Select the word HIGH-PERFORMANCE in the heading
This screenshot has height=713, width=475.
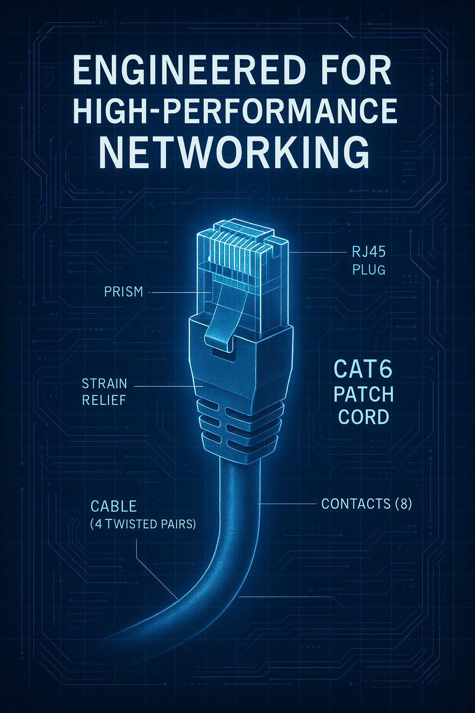[235, 111]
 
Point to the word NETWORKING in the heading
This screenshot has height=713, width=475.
[234, 152]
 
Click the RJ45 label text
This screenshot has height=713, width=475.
[369, 252]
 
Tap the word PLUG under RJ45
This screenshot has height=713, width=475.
[369, 270]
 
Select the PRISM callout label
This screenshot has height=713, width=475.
[123, 292]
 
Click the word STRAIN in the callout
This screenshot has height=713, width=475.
[104, 384]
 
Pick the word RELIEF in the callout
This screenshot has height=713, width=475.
[104, 400]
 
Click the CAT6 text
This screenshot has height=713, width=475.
[363, 369]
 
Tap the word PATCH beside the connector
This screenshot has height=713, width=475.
[364, 394]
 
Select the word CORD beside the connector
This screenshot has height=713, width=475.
[364, 417]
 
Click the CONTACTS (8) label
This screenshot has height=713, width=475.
[366, 504]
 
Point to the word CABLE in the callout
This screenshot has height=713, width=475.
[114, 506]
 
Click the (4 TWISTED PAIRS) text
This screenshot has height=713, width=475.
[143, 524]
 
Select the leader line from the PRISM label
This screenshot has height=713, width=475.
[179, 292]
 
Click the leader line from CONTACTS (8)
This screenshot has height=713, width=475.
[288, 504]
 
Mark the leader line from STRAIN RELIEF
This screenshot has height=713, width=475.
[162, 386]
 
